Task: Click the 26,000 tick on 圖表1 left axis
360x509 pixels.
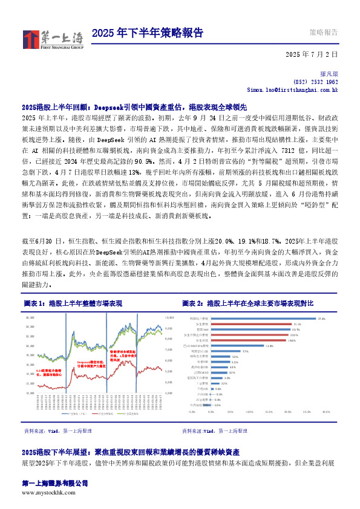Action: (28, 317)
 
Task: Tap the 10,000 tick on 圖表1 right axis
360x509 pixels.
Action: (169, 317)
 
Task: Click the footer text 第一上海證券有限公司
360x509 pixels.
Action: (54, 484)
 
